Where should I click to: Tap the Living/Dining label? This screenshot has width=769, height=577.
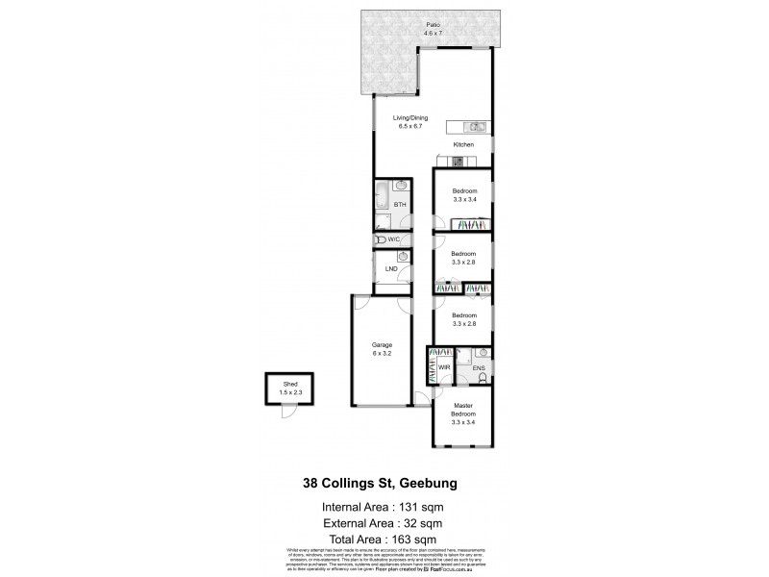pyautogui.click(x=409, y=118)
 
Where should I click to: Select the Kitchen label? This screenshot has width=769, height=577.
pyautogui.click(x=463, y=144)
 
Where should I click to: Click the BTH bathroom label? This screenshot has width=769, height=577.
pyautogui.click(x=400, y=205)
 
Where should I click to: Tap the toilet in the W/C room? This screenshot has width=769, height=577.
pyautogui.click(x=382, y=239)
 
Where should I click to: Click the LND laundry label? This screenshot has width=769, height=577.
pyautogui.click(x=391, y=268)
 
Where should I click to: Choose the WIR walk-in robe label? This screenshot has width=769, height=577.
pyautogui.click(x=444, y=367)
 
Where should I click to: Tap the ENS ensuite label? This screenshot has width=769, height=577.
pyautogui.click(x=478, y=367)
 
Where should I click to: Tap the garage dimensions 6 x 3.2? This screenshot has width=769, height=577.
pyautogui.click(x=382, y=353)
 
